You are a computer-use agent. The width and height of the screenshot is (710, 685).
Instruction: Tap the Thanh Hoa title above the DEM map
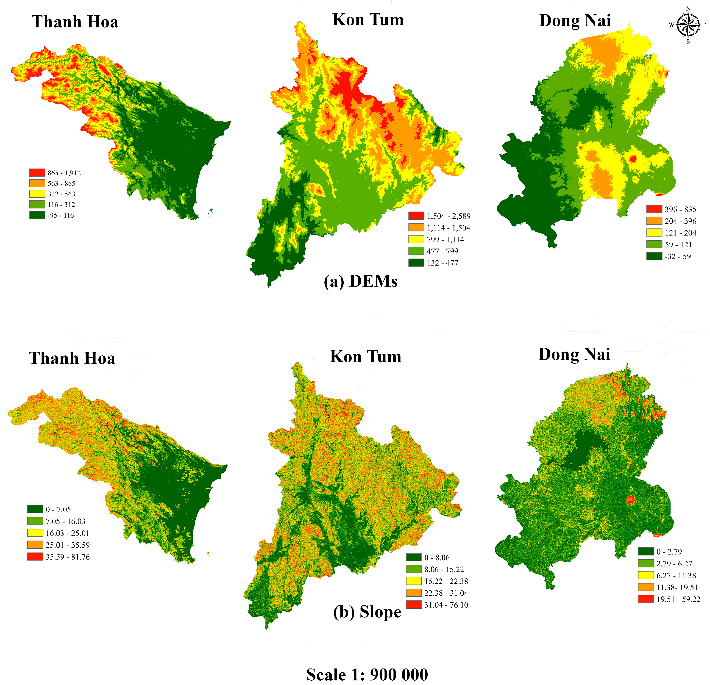75,22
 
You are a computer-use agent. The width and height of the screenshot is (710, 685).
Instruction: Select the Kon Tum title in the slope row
365,357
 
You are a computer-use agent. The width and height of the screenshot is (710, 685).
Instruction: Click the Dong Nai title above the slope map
574,354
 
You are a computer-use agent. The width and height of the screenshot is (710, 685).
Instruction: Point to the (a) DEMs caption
360,281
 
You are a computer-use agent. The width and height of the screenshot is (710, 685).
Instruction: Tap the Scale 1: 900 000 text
367,674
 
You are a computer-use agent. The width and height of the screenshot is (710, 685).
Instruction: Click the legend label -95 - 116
61,215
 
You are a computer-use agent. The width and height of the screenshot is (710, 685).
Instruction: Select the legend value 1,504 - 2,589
448,216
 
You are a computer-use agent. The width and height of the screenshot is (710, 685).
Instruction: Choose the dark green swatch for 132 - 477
416,263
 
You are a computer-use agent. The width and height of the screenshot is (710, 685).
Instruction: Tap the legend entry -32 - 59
677,256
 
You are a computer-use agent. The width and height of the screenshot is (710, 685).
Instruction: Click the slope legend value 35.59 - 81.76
67,557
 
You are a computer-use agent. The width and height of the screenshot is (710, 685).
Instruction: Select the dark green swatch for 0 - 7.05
35,509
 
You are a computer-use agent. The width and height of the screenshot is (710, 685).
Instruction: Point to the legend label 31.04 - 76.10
446,605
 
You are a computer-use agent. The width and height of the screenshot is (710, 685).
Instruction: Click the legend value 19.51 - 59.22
678,599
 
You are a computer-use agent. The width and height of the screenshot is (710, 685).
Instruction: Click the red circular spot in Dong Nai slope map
631,500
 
